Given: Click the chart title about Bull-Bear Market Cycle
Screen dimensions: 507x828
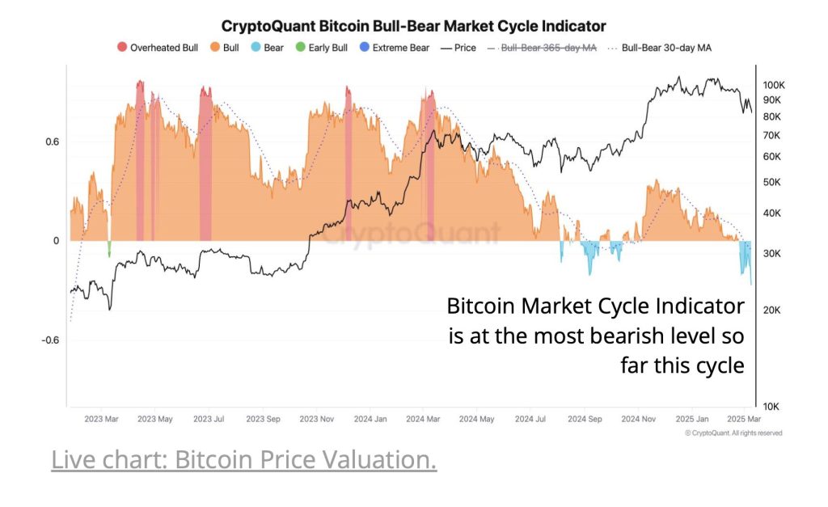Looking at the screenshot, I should pos(413,27).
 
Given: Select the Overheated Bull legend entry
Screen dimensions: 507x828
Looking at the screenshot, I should pos(158,48).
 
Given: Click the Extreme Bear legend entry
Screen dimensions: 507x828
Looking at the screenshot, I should pos(394,48).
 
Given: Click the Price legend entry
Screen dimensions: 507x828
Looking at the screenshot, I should pos(458,48).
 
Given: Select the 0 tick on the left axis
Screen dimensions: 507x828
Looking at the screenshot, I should pos(57,241).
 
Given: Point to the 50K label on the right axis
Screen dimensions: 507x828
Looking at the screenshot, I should pos(772,182).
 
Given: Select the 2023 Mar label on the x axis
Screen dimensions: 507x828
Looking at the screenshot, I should pos(102,420).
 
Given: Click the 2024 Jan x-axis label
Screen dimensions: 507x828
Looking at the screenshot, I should pos(370,420).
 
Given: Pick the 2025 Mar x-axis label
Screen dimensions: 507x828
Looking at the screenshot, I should pos(743,420).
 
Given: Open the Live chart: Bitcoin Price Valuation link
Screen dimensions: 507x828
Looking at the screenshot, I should pos(243,459).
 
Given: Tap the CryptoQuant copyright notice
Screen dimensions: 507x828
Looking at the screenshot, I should pos(733,433).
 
